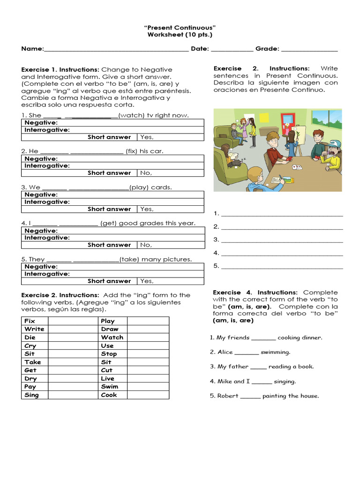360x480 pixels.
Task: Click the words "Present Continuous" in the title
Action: [180, 28]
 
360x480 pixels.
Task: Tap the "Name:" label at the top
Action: [32, 49]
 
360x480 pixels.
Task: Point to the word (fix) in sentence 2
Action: [132, 151]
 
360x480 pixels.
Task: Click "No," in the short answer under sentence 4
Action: [146, 245]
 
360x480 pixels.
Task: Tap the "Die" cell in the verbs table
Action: [30, 337]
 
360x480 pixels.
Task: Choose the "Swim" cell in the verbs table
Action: [110, 387]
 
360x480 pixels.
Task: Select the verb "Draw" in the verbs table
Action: [110, 329]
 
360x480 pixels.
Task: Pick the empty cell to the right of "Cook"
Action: [148, 395]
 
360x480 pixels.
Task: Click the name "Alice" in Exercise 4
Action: [225, 352]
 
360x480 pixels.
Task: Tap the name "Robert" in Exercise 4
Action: [227, 396]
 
